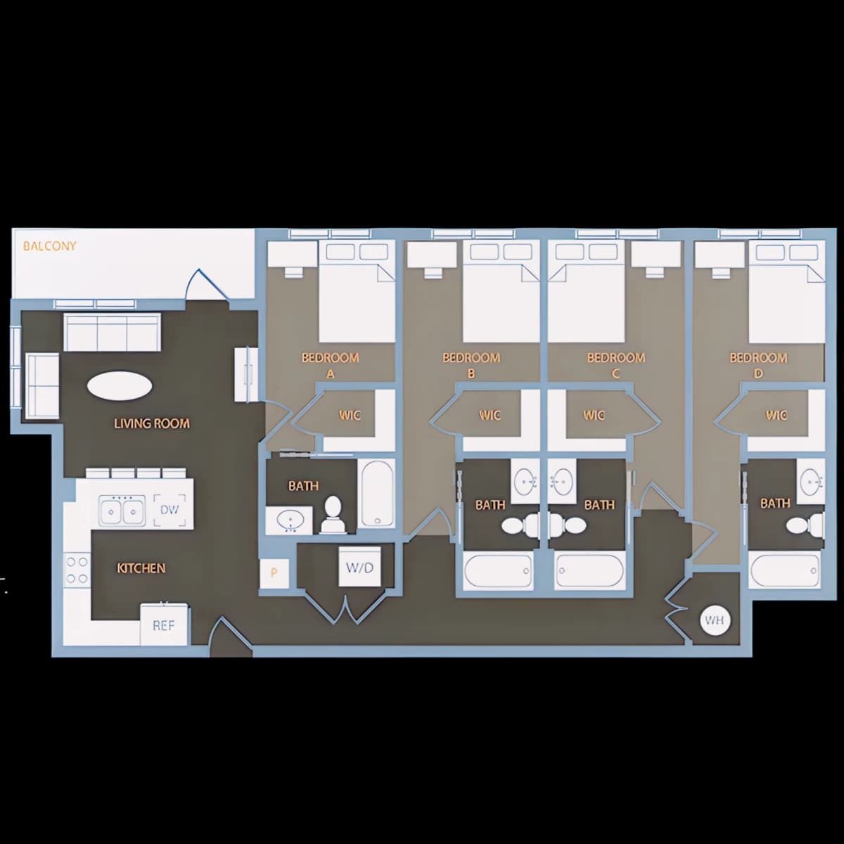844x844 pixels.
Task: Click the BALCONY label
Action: point(49,246)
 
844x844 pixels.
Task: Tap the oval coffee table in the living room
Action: point(120,386)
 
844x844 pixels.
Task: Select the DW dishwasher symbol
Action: point(170,510)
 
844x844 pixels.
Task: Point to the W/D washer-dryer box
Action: point(359,567)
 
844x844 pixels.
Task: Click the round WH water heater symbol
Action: point(715,620)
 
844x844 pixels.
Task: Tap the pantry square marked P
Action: point(274,573)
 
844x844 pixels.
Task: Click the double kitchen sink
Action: point(122,510)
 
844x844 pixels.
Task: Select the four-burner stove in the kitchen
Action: point(77,570)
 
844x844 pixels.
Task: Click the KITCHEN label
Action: point(141,568)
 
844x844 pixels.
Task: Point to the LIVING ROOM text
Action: point(152,423)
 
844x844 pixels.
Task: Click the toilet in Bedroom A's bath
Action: point(333,515)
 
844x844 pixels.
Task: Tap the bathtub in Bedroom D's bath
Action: point(784,570)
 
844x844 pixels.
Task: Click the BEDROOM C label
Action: point(616,365)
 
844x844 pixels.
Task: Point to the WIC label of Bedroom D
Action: point(776,415)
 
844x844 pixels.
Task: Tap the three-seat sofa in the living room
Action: point(112,332)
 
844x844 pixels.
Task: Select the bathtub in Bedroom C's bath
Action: point(589,570)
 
